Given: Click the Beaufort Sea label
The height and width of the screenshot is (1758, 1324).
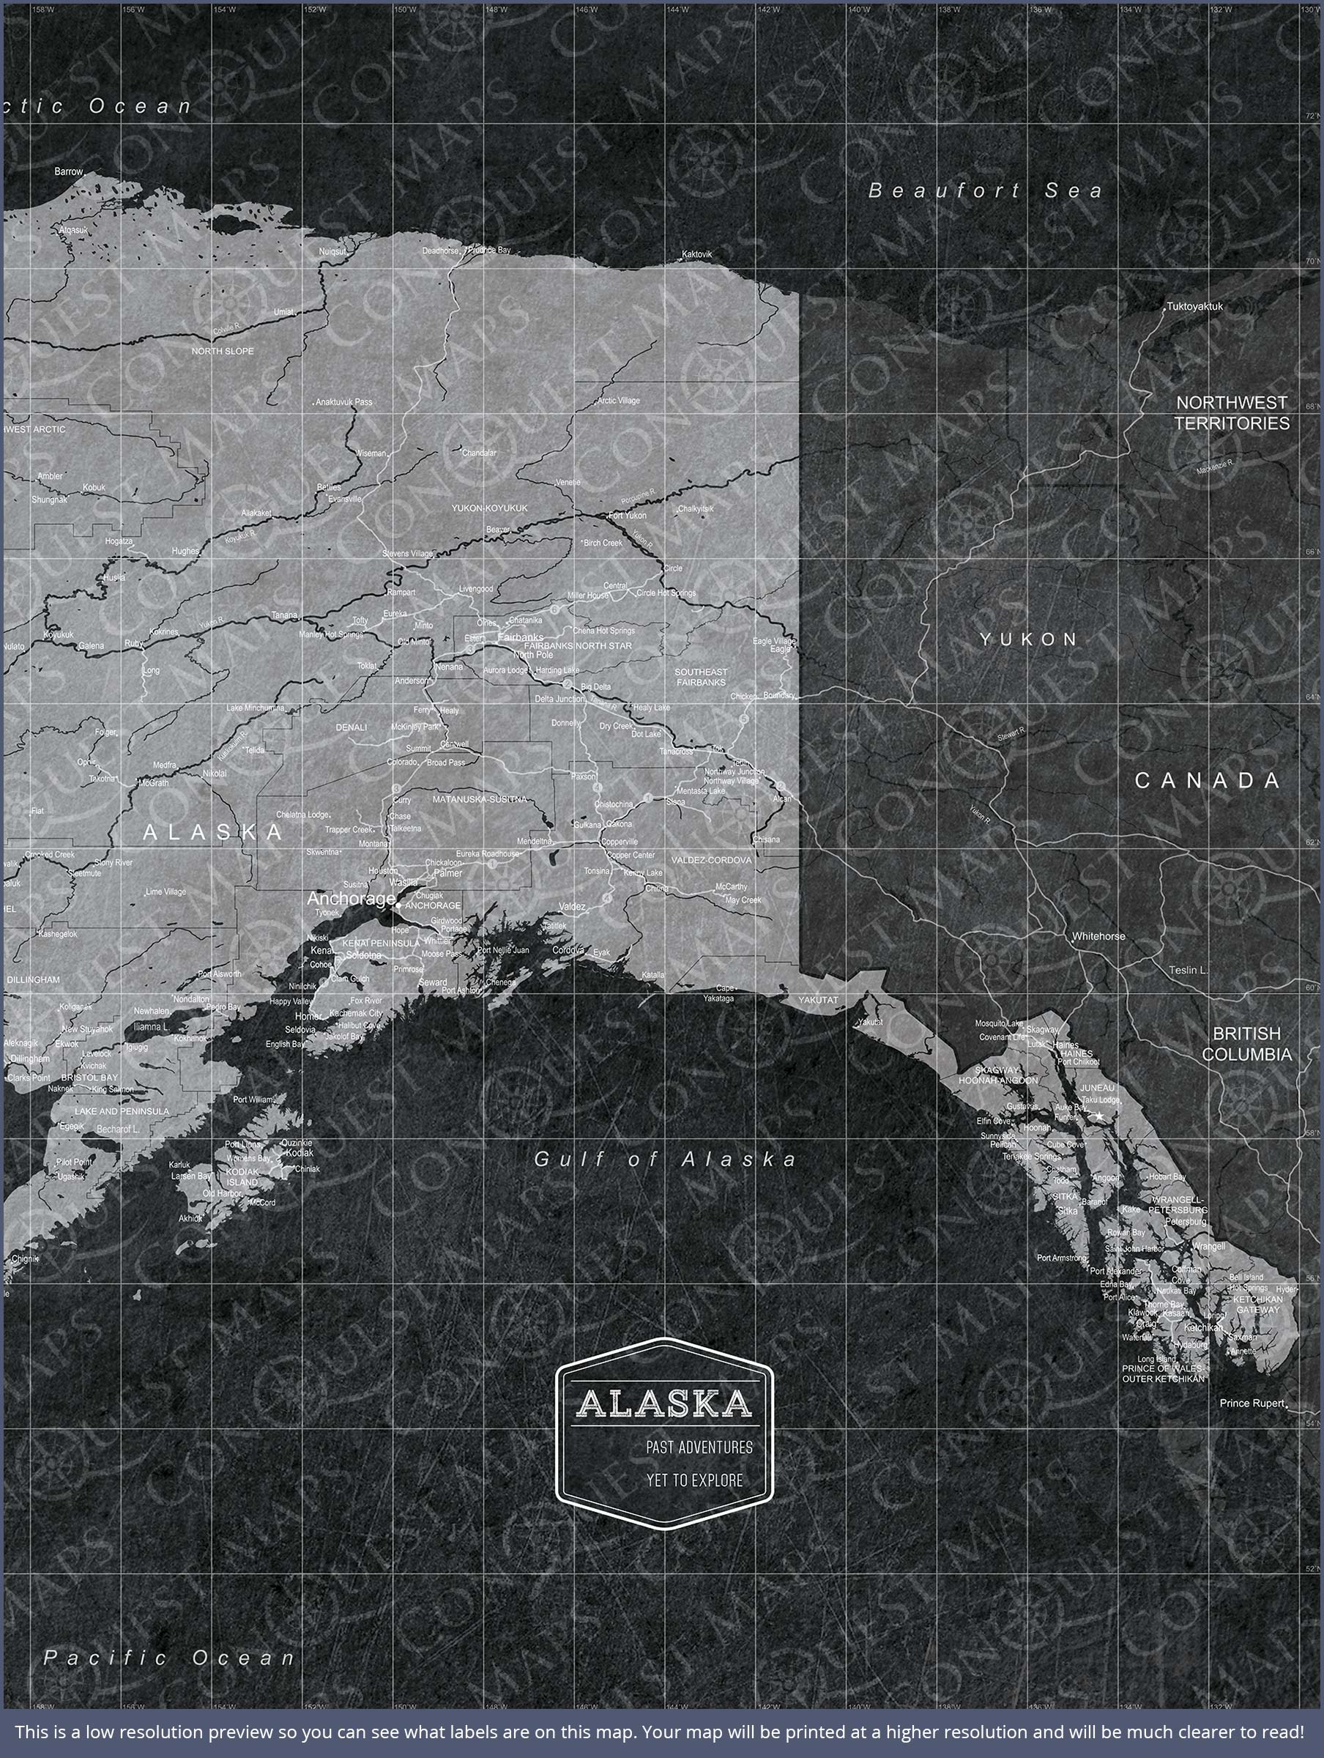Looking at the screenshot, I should [986, 190].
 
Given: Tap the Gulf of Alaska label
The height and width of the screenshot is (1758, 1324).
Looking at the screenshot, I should [664, 1160].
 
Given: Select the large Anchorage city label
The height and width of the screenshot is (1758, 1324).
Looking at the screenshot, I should [351, 899].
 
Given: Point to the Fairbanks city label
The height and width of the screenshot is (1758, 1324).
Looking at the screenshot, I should [521, 637].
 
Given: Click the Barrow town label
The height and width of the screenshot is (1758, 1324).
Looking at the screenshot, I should [68, 171].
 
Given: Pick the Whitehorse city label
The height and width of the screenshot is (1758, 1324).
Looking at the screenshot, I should [1098, 936].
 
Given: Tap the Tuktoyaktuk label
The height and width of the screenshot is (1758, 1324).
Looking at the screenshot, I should [1194, 306].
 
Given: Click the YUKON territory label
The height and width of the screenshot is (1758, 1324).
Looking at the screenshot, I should [1028, 639].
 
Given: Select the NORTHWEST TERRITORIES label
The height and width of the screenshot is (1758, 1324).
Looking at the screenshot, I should [1231, 413].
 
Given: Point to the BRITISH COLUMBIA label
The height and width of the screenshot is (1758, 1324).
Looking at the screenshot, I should [1246, 1045].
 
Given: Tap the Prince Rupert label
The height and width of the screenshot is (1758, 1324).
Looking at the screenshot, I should [1252, 1403].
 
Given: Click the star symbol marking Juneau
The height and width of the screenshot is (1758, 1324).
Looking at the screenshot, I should [1099, 1116].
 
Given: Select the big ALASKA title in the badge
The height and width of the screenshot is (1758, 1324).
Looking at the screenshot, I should [663, 1403].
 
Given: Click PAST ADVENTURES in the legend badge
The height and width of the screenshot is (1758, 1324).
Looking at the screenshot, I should [699, 1447].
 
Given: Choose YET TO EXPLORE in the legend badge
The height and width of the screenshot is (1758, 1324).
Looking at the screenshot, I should [693, 1480].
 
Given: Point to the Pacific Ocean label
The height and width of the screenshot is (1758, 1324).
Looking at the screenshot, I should [169, 1658].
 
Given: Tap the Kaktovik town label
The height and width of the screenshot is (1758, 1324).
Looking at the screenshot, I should [697, 254].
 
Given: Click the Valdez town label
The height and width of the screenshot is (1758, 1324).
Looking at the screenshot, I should [571, 906].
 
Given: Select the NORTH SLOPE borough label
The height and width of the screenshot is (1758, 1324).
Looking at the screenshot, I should [223, 352].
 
